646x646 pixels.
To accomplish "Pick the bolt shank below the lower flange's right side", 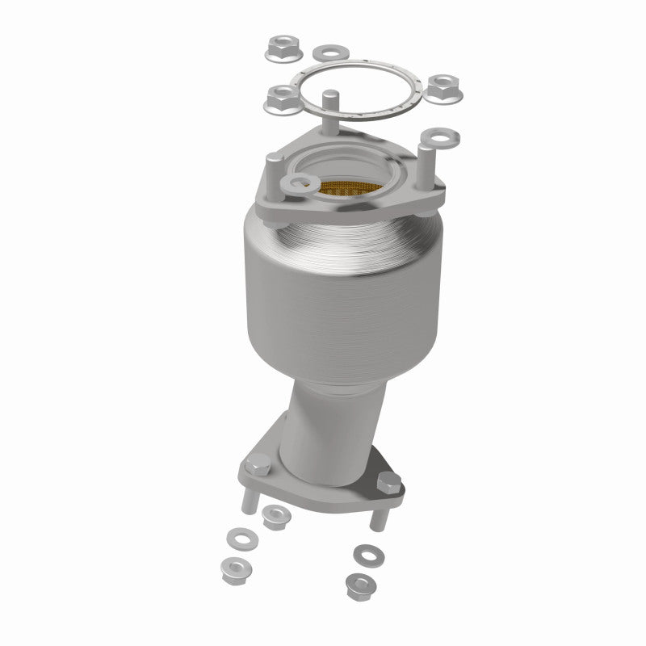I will [x=376, y=516].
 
